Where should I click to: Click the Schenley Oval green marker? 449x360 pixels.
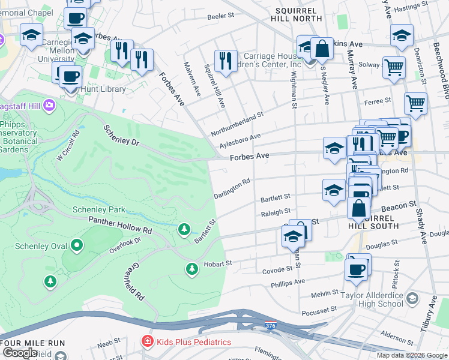76,245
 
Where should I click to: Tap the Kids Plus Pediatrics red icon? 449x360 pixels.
146,341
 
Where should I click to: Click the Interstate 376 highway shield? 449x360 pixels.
271,326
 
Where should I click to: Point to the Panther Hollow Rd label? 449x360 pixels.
120,225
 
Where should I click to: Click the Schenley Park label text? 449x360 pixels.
98,209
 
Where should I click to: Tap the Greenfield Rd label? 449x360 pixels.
136,281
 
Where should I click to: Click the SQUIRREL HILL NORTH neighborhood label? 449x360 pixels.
298,14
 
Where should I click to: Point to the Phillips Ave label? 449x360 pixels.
288,281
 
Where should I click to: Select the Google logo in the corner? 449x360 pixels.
20,353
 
